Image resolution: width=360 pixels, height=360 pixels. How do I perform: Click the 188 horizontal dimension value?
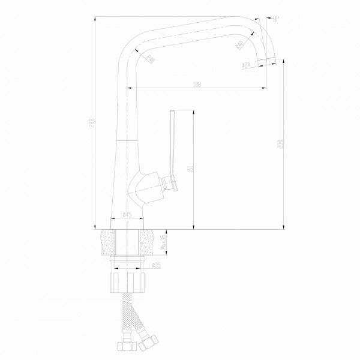(x=197, y=84)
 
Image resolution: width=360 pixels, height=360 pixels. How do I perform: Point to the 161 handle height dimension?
(x=190, y=170)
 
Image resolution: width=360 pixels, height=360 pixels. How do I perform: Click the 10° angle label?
(x=275, y=19)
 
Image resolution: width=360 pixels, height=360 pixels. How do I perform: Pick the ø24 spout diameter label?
(x=246, y=65)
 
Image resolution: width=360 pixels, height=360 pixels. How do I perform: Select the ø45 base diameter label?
(x=127, y=214)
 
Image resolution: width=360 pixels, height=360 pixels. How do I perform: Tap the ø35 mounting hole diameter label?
(x=156, y=265)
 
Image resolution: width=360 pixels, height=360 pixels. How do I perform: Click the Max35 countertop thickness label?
(x=163, y=243)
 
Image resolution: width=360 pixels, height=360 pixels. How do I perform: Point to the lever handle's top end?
(x=172, y=112)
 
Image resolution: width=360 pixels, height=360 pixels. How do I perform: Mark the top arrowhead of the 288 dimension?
(x=95, y=18)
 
